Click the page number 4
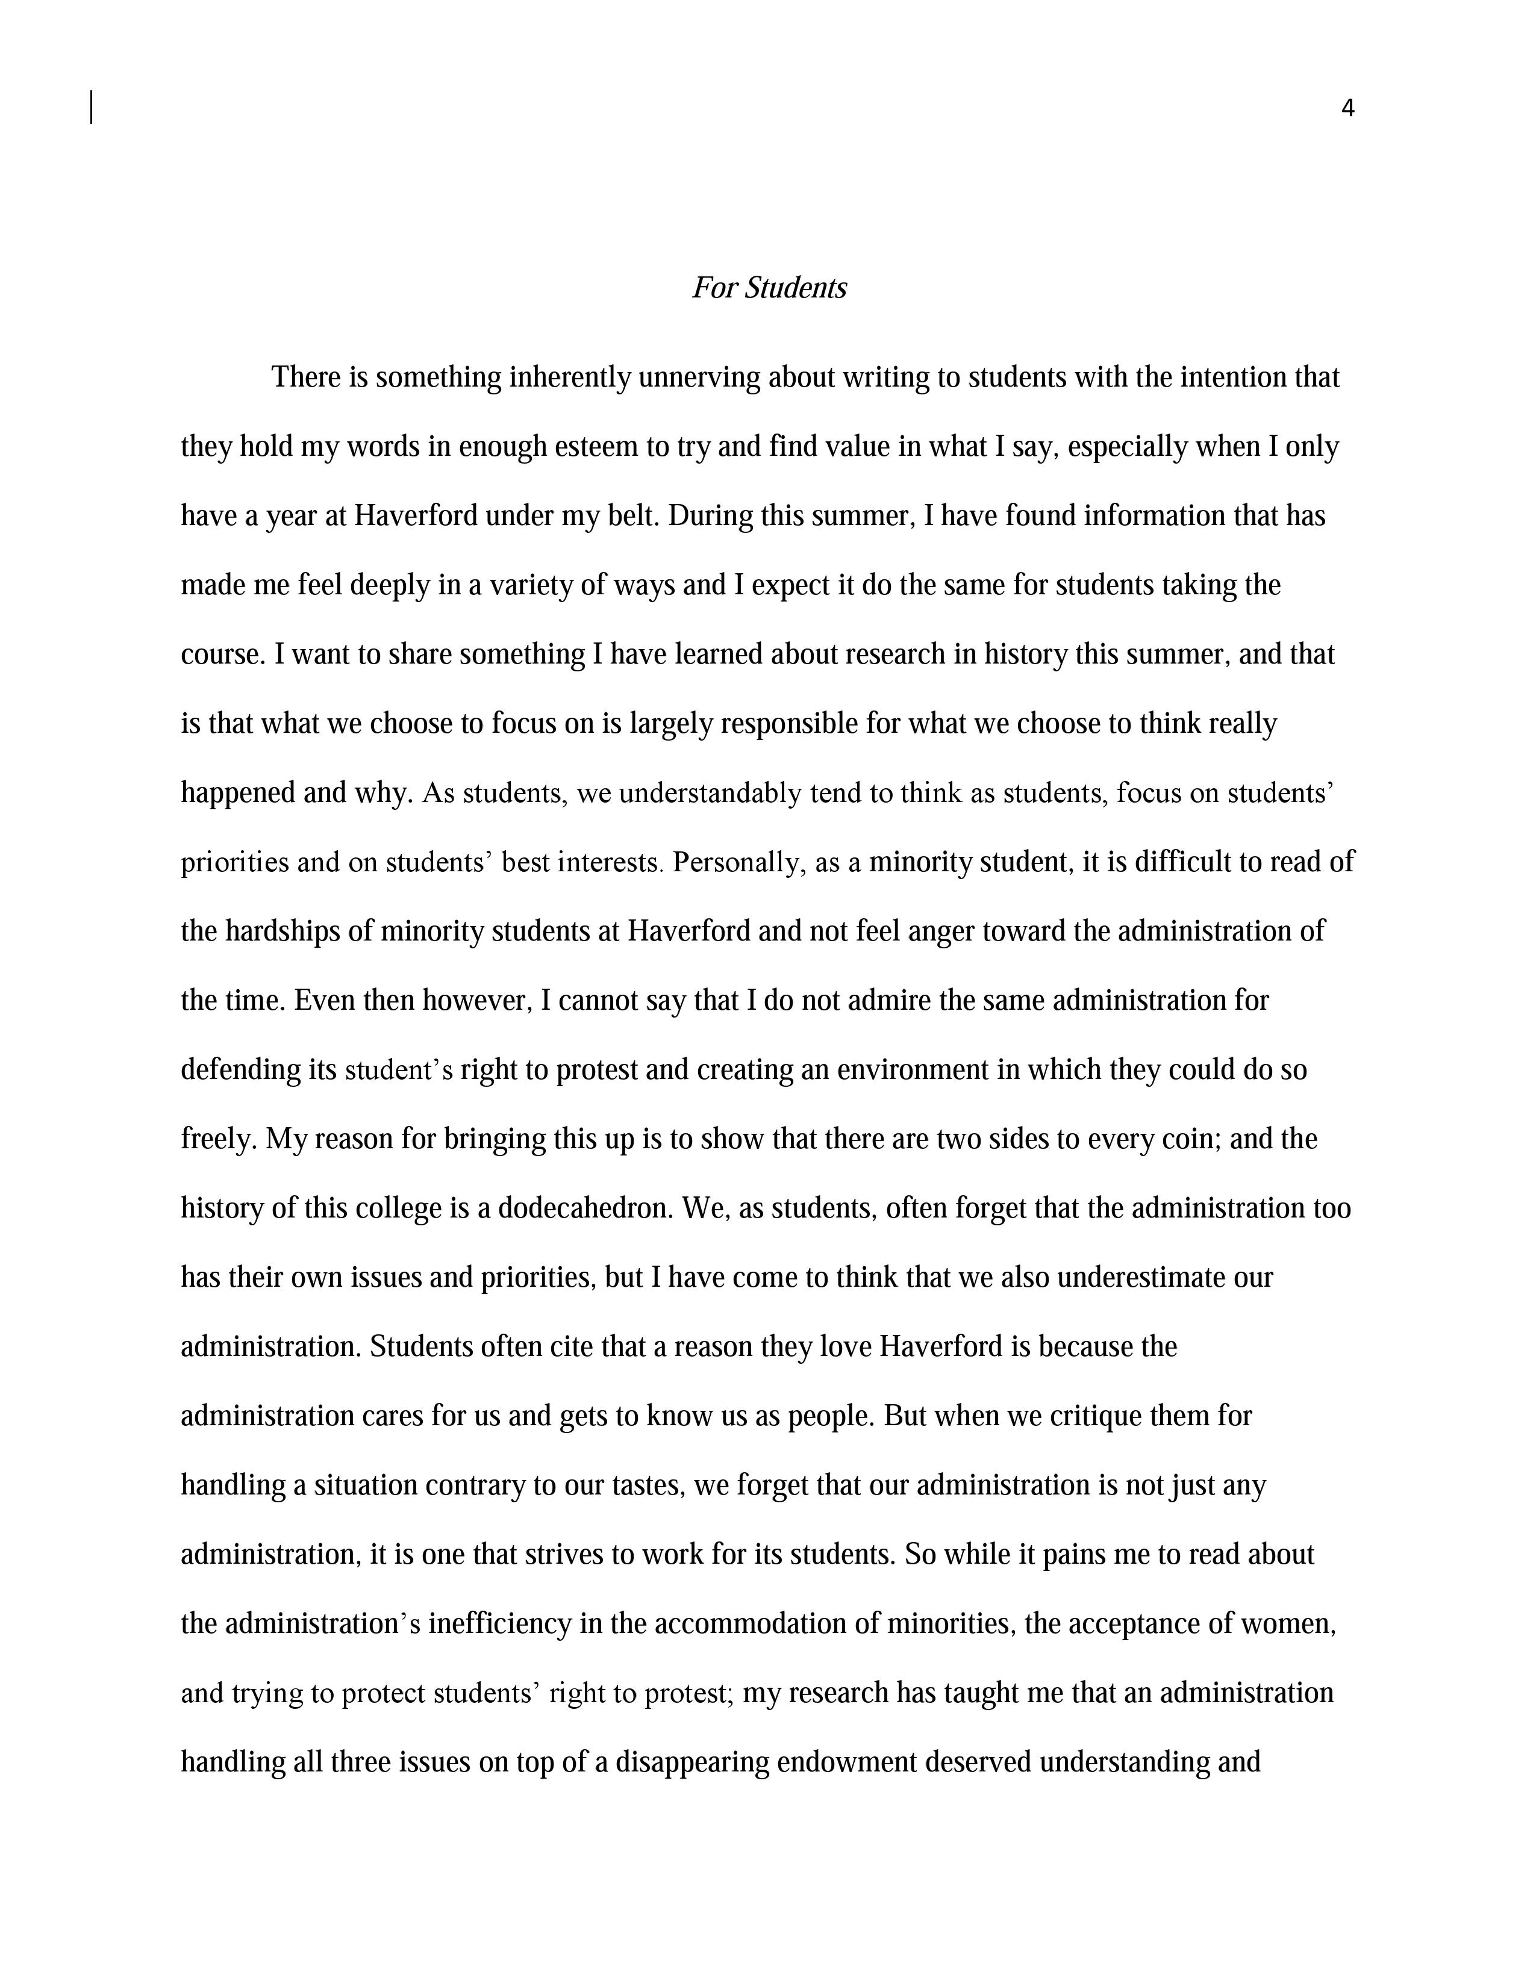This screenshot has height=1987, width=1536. tap(1347, 109)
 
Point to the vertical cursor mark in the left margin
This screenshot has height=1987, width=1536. tap(92, 107)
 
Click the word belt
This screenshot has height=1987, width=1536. tap(635, 516)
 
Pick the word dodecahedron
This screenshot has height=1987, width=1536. tap(584, 1208)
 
